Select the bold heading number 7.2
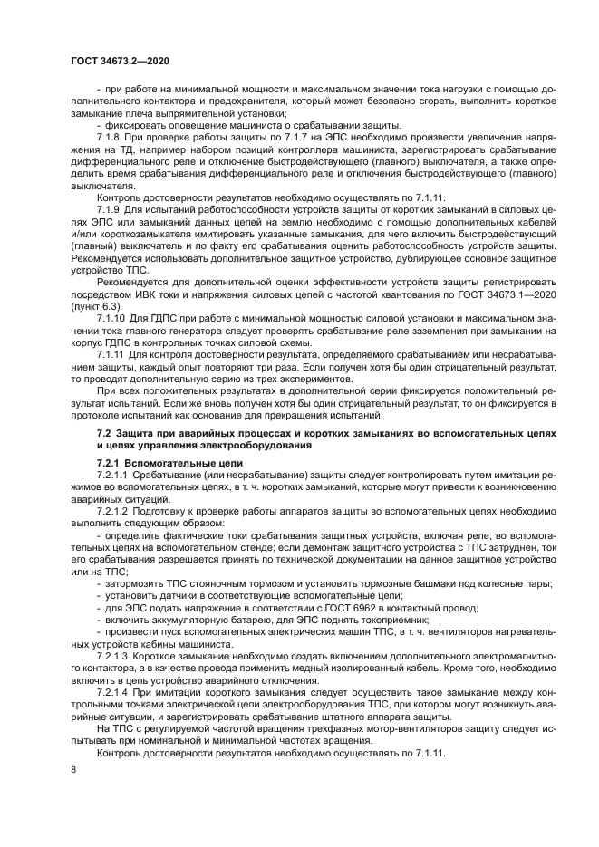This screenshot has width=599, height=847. (104, 434)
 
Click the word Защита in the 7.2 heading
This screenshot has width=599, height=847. (138, 434)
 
